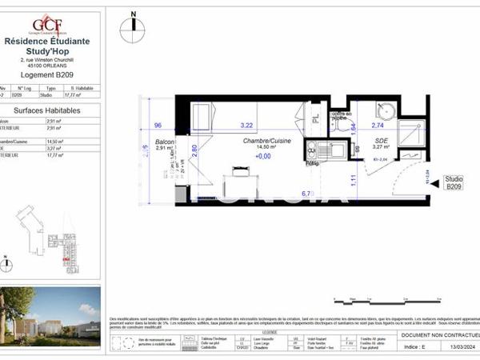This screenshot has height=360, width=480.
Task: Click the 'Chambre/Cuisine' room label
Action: pyautogui.click(x=267, y=141)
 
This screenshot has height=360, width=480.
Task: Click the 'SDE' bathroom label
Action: pyautogui.click(x=380, y=139)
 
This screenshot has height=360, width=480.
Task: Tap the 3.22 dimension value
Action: pyautogui.click(x=246, y=126)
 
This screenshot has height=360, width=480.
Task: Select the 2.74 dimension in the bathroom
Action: pyautogui.click(x=378, y=126)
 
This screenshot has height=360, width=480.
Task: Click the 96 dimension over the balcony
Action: pyautogui.click(x=158, y=126)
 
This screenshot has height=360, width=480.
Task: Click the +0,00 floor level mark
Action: pyautogui.click(x=263, y=157)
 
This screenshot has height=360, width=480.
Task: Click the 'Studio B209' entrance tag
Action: pyautogui.click(x=454, y=183)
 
